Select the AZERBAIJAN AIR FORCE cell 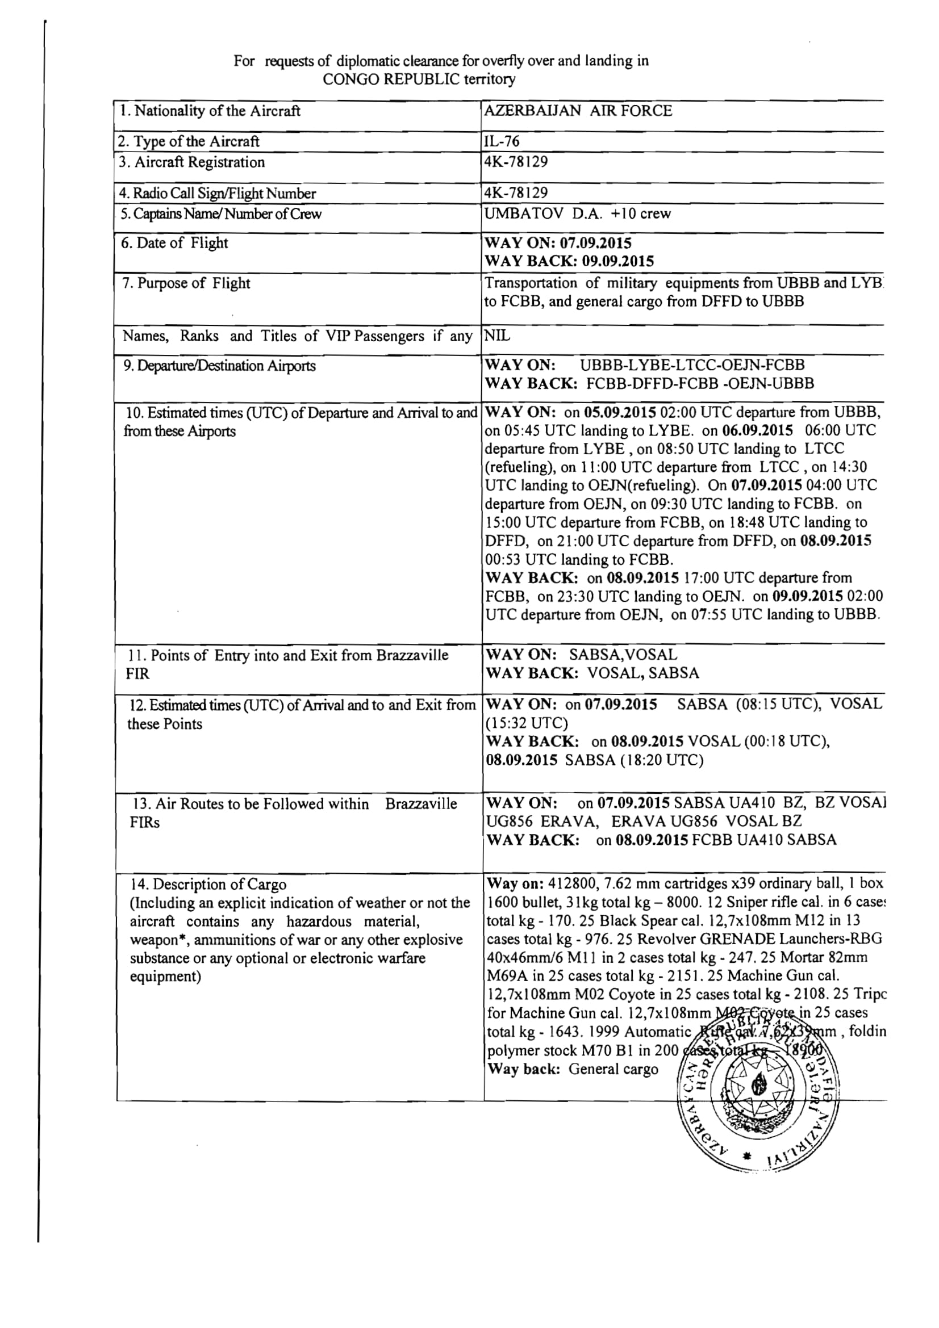pos(578,111)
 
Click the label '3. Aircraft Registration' pos(192,162)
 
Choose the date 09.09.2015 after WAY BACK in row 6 pos(618,261)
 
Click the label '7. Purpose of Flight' pos(186,283)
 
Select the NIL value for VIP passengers pos(498,336)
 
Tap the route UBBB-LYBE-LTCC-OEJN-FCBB pos(692,365)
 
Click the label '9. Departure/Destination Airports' pos(218,366)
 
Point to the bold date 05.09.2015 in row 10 pos(620,412)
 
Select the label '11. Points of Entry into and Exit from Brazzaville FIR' pos(287,664)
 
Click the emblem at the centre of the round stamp pos(756,1088)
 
